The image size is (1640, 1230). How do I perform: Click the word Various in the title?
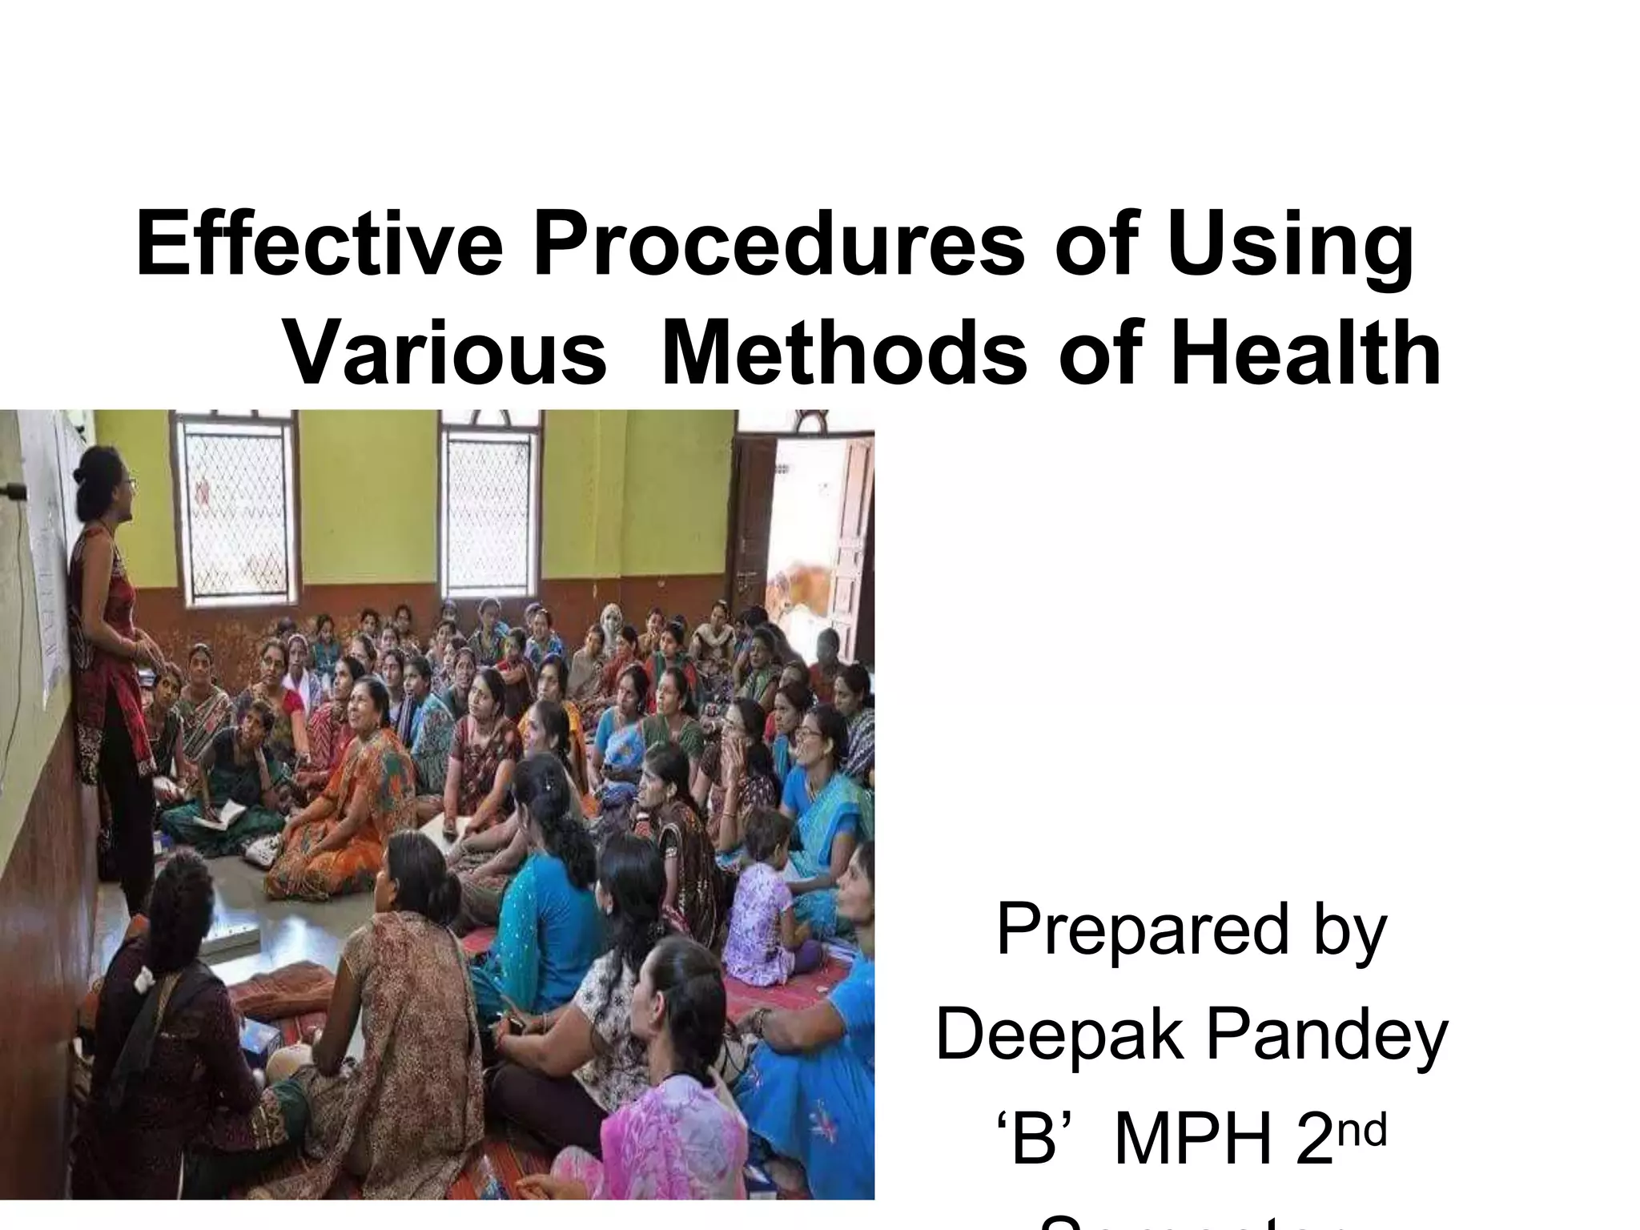pos(445,353)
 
